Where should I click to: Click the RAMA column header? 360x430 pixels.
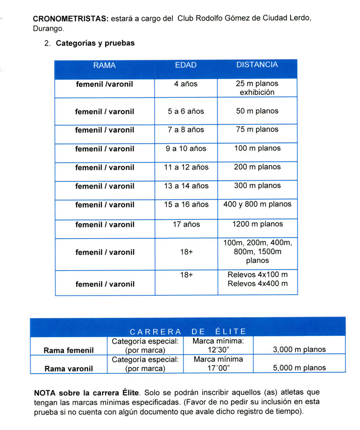click(104, 65)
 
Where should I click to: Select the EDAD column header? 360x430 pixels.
click(186, 65)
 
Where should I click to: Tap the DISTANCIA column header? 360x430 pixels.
click(257, 65)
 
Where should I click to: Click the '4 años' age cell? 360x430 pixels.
click(186, 84)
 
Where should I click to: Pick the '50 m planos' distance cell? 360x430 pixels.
click(257, 111)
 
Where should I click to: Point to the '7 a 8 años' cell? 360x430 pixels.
click(186, 130)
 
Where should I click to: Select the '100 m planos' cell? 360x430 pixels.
click(257, 149)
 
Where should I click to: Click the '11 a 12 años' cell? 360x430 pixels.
click(186, 167)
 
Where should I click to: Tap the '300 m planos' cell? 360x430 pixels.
click(257, 186)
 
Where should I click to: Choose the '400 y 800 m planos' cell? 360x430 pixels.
click(257, 204)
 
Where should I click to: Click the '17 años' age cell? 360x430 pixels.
click(186, 224)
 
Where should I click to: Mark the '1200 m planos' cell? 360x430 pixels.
click(257, 224)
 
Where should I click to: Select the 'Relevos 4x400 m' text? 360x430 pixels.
click(257, 284)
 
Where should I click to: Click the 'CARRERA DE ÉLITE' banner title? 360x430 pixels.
click(188, 331)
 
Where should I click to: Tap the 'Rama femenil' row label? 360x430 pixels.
click(69, 350)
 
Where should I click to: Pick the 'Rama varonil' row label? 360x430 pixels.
click(69, 368)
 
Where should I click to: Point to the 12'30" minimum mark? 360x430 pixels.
click(218, 350)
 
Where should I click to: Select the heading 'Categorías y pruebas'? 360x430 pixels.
click(95, 44)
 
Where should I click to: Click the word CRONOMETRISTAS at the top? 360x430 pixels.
click(70, 19)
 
